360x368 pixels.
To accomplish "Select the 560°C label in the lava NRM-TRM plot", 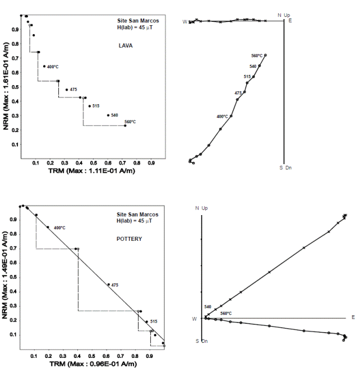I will [130, 122].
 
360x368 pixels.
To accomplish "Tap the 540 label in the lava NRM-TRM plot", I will [115, 115].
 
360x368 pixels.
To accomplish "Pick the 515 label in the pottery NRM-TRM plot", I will [154, 322].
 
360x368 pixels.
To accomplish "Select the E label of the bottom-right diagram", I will [353, 317].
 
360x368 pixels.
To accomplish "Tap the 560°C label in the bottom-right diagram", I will [225, 313].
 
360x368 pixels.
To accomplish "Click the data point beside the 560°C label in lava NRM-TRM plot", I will [125, 125].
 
